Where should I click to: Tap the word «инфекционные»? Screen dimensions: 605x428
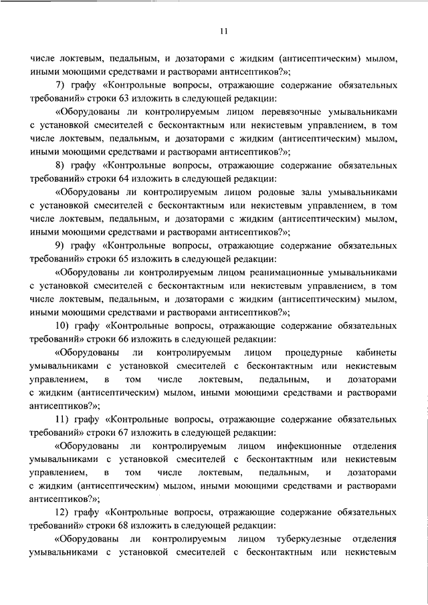[x=309, y=445]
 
